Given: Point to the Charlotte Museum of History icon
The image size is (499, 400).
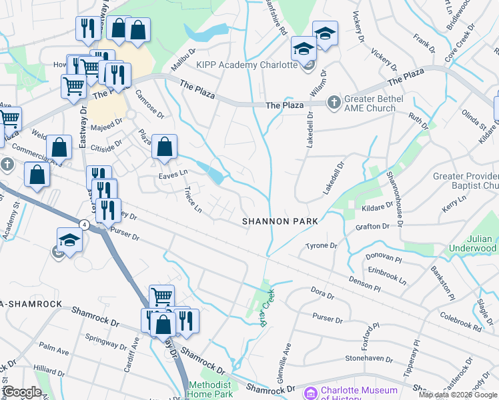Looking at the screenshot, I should coord(310,392).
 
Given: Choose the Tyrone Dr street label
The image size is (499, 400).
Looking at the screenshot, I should coord(322,246).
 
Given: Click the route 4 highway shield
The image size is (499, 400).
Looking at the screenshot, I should coord(83,225).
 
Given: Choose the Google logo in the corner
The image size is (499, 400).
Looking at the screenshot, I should coord(22,392).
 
